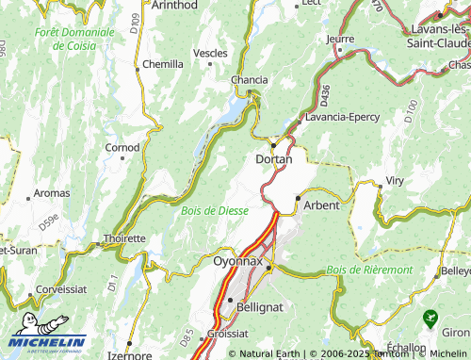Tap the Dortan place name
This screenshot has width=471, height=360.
274,159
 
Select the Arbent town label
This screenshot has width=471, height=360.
321,205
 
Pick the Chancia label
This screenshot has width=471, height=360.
250,80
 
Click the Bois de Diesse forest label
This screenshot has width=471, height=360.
215,210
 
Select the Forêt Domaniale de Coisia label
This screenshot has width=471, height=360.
74,39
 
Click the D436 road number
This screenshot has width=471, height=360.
325,94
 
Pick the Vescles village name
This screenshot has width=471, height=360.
210,54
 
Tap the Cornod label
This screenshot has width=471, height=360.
122,147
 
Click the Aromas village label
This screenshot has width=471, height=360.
52,192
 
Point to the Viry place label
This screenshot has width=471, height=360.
396,180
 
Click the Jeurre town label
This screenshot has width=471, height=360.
340,39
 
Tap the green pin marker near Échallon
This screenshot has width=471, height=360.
431,319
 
